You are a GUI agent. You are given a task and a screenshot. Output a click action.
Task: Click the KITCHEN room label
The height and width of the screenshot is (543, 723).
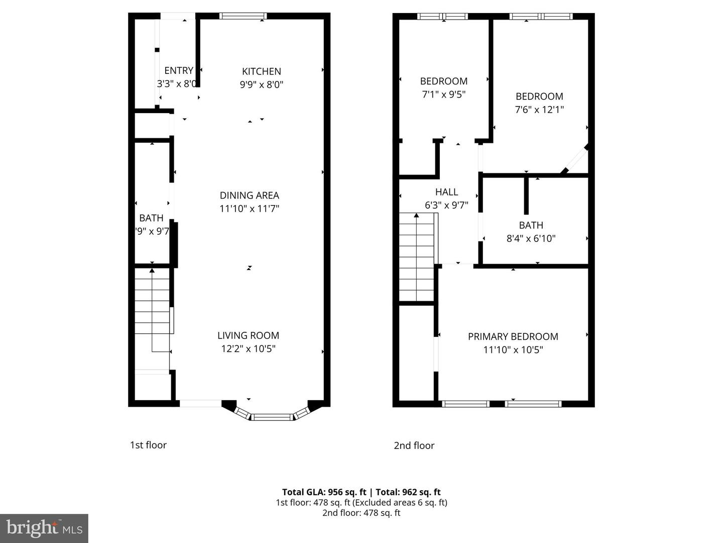[x=261, y=71]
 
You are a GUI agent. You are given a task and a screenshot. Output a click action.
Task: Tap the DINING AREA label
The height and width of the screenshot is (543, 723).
[x=249, y=196]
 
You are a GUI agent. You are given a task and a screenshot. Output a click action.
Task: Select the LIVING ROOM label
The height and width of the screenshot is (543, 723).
[x=248, y=335]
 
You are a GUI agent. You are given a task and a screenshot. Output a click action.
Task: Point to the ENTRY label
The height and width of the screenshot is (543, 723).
[x=179, y=71]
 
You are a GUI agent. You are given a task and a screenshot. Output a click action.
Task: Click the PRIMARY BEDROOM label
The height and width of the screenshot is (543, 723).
[x=513, y=336]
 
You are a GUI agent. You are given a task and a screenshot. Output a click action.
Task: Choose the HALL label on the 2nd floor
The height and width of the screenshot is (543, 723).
[x=446, y=192]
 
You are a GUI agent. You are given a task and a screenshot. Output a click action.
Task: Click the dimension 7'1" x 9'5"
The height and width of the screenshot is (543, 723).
[x=444, y=94]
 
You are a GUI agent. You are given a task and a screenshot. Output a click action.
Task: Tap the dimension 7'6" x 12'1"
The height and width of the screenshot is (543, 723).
[x=539, y=110]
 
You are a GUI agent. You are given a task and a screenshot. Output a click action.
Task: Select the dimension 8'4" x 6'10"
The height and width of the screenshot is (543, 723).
[x=531, y=238]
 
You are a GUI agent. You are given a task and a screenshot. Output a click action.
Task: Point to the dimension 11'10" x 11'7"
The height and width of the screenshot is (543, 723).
[x=249, y=209]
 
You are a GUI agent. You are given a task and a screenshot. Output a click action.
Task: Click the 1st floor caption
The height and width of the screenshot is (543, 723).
[x=148, y=445]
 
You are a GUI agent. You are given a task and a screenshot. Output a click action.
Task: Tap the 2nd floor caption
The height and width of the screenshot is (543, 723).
[x=414, y=445]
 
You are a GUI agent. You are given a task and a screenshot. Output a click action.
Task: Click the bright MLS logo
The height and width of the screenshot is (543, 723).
[x=44, y=528]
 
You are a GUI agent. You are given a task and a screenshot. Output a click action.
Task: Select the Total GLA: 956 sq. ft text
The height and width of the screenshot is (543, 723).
[x=324, y=492]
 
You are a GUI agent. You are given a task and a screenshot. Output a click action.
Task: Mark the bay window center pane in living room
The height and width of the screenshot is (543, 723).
[x=271, y=417]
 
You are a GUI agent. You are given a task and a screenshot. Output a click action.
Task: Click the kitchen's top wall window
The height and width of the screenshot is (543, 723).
[x=243, y=16]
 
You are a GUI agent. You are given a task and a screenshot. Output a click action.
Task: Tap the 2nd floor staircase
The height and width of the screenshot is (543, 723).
[x=417, y=256]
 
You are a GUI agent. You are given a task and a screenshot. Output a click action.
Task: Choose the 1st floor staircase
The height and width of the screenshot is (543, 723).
[x=152, y=312]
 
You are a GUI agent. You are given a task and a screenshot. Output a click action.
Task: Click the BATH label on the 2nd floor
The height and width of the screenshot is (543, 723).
[x=531, y=225]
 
